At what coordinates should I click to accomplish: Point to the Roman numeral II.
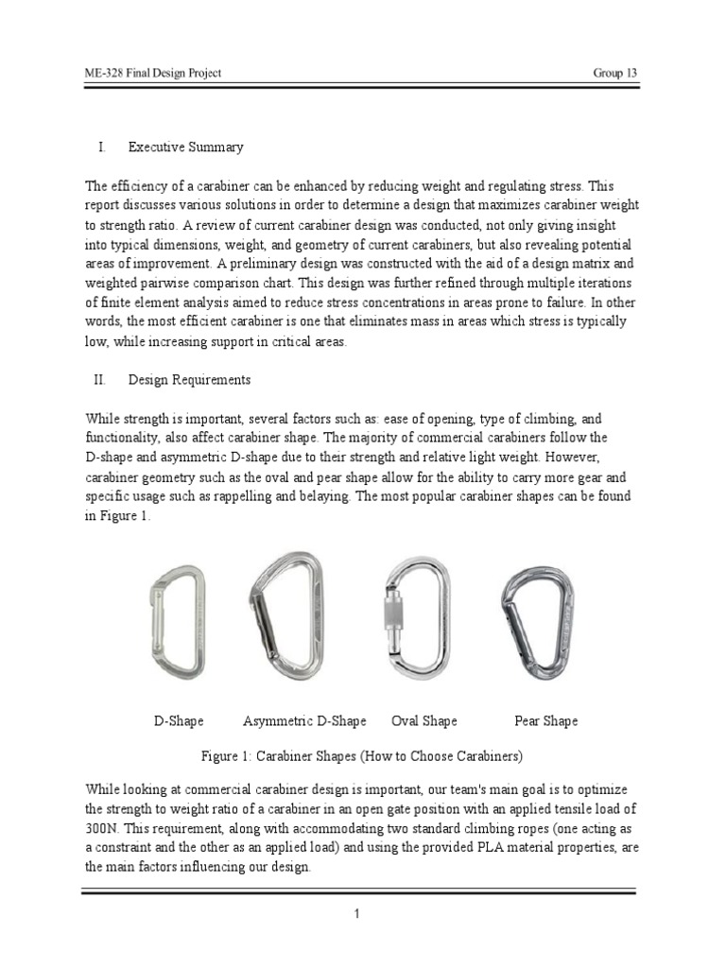[x=98, y=379]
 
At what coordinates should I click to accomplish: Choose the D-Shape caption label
[x=179, y=721]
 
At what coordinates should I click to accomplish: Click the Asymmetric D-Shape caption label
[x=304, y=721]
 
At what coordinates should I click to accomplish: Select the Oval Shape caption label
[x=424, y=721]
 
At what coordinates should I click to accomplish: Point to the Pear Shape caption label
[x=545, y=721]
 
